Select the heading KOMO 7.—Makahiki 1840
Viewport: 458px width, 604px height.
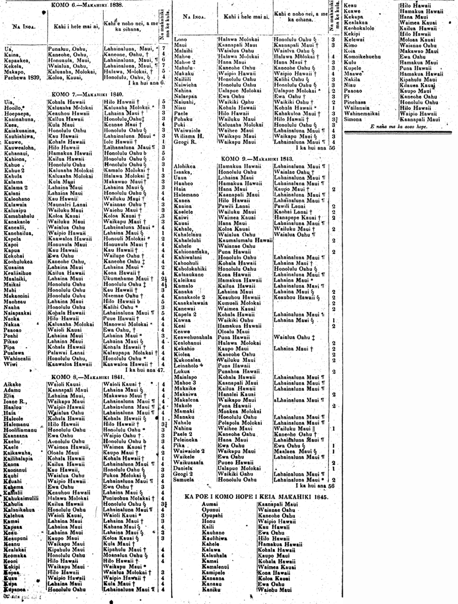pos(87,95)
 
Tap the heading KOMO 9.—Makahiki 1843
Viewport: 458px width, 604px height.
pos(257,159)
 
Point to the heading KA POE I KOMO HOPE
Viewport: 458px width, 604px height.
pos(256,497)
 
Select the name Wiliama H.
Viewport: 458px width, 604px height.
pos(189,136)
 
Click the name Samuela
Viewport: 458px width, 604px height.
pos(184,480)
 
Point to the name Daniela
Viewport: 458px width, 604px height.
pos(182,468)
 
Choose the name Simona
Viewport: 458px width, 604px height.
pos(353,119)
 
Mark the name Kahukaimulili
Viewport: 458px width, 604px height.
pos(21,498)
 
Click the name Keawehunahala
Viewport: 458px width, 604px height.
pos(193,337)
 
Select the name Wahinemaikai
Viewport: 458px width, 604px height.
pos(361,114)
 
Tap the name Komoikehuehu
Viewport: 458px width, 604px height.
pos(362,57)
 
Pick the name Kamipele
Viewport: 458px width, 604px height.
pos(213,572)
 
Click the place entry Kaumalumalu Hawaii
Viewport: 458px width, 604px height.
pos(245,240)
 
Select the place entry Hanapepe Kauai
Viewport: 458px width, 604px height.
pos(295,217)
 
